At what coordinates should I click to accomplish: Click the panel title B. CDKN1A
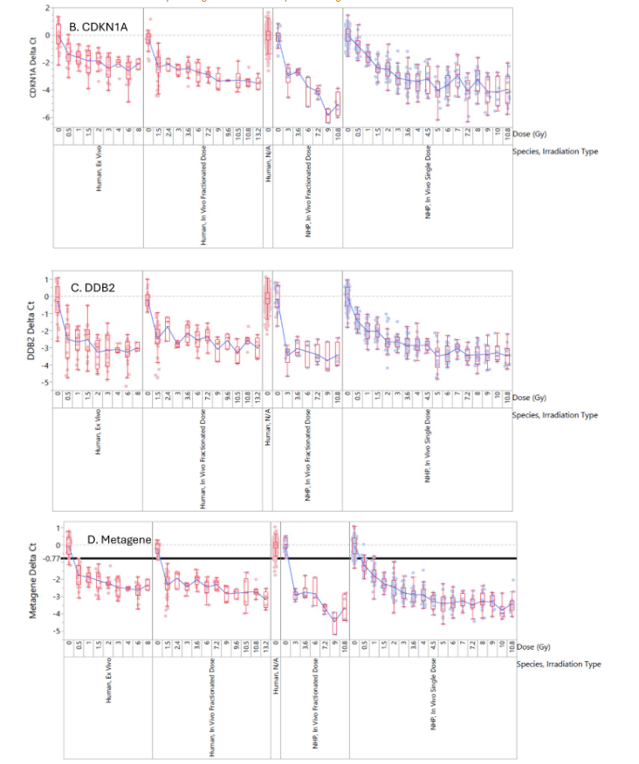tap(99, 28)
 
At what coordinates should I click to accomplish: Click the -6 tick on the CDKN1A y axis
tap(45, 117)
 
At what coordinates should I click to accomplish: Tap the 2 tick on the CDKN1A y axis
tap(47, 7)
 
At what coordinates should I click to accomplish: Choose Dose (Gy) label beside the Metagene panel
tap(536, 648)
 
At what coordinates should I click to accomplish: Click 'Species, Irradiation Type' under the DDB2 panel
tap(554, 414)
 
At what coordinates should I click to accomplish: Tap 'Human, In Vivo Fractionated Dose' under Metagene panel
tap(212, 714)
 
